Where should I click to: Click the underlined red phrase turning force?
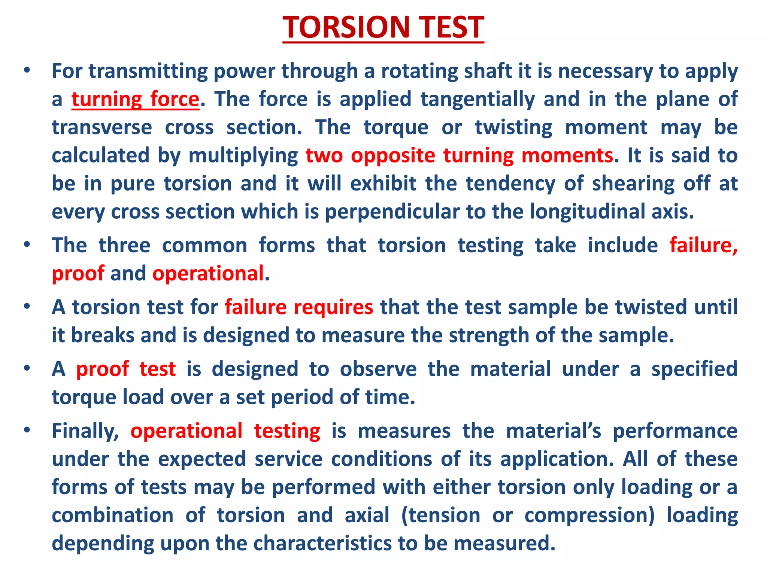click(135, 100)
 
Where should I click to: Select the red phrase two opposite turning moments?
click(460, 155)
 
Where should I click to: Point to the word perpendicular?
click(392, 212)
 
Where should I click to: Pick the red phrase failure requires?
click(299, 307)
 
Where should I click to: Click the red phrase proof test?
click(126, 369)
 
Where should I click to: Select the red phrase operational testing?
click(225, 431)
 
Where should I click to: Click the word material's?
click(554, 431)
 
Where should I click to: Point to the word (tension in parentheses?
click(440, 515)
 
